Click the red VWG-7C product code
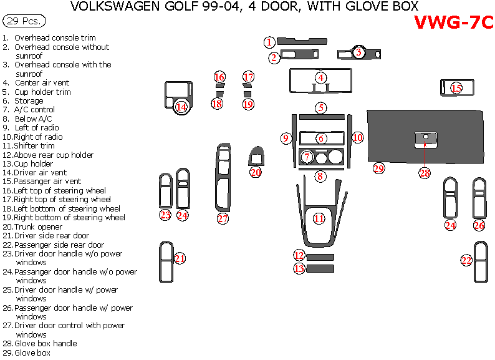(453, 23)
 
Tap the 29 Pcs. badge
(24, 21)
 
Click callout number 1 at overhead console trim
(269, 42)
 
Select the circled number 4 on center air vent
(320, 78)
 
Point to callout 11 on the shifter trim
(319, 218)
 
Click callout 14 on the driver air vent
(181, 107)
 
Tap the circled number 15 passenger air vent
(456, 88)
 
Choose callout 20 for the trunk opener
(256, 172)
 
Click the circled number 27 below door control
(223, 218)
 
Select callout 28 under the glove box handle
(425, 173)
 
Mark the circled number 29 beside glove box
(379, 168)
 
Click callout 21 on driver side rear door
(180, 258)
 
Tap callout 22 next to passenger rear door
(466, 260)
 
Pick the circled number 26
(479, 225)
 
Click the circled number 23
(165, 215)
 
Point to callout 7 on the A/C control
(307, 157)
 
